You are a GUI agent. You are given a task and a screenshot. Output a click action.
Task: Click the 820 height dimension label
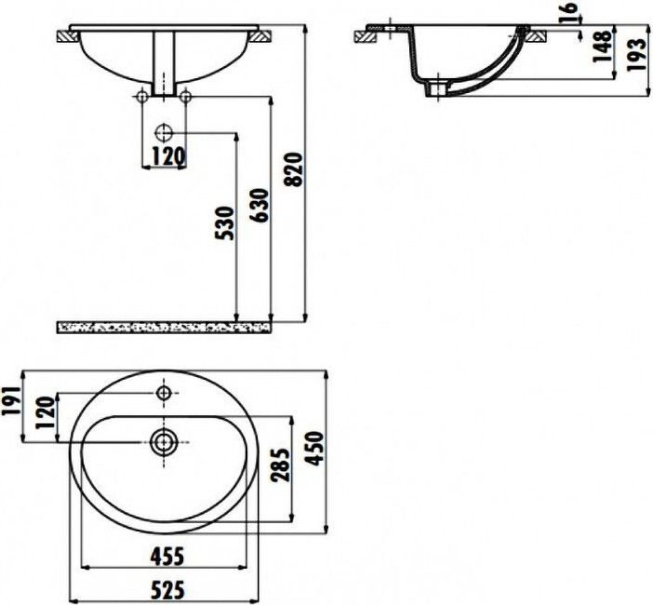(295, 169)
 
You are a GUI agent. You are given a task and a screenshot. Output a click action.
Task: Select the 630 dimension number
(260, 206)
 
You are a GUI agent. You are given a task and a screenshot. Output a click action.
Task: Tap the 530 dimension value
(224, 222)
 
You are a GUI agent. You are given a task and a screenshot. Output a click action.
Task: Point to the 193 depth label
(637, 55)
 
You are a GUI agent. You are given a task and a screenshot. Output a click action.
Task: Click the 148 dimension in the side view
(602, 47)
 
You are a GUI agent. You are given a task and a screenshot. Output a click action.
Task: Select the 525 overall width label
(167, 590)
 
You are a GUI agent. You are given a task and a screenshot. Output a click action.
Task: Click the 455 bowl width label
(167, 556)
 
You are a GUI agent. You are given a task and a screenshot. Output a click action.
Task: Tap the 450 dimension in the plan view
(314, 449)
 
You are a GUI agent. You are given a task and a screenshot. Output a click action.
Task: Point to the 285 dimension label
(280, 465)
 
